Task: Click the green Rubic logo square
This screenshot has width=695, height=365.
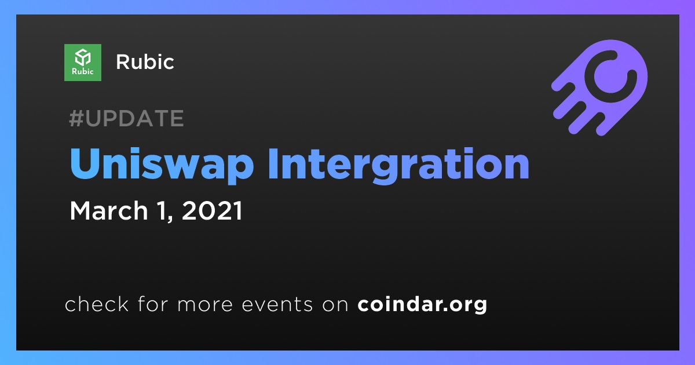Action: coord(82,63)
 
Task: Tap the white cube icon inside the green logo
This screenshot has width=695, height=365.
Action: coord(83,57)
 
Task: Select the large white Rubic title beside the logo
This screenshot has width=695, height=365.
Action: coord(145,62)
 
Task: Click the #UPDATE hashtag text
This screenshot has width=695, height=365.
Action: coord(127,118)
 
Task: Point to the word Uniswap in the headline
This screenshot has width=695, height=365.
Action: coord(162,165)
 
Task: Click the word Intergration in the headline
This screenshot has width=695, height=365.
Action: coord(398,165)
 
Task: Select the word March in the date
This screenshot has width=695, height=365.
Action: coord(109,210)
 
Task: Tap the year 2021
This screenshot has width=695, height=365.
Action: coord(212,210)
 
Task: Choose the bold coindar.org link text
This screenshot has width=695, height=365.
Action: coord(422,304)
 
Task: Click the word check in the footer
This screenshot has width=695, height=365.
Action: coord(97,304)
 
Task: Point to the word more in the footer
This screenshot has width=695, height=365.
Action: coord(205,305)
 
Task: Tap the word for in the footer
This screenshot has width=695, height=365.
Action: coord(153,304)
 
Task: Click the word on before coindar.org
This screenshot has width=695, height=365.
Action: coord(335,305)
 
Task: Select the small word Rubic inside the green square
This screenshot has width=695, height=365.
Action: coord(82,71)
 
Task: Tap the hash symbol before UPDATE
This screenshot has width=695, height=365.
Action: coord(76,118)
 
